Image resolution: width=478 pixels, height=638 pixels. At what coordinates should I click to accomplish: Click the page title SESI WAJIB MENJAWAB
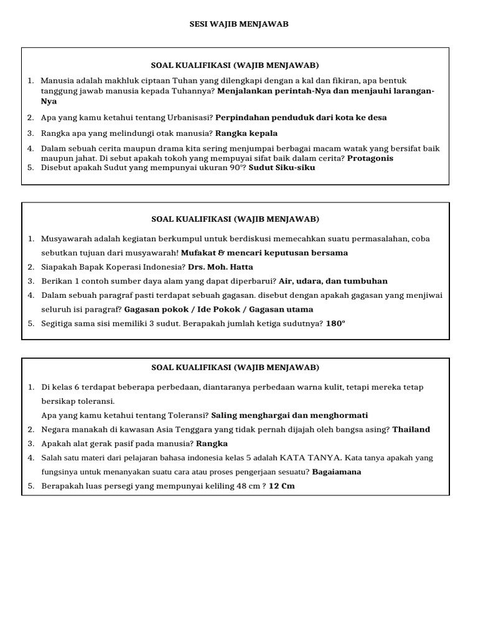pos(239,24)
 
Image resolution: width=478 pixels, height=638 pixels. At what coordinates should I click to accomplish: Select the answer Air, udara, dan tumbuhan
pos(333,281)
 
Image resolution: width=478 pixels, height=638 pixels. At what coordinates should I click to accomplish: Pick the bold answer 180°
pos(335,323)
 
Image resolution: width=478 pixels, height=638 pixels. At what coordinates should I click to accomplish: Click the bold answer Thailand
pos(411,429)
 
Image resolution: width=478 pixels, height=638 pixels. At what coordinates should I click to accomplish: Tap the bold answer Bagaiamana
pos(337,472)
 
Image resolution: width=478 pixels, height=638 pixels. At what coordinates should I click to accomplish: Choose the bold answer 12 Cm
pos(281,486)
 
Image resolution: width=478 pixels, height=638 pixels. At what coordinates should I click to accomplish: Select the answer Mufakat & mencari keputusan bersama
pos(265,253)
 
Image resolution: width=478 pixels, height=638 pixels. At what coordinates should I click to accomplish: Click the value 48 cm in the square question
pos(246,486)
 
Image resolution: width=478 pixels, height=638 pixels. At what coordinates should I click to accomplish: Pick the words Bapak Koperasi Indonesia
pos(128,267)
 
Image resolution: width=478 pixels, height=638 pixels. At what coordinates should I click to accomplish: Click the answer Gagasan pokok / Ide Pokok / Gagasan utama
pos(219,309)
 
